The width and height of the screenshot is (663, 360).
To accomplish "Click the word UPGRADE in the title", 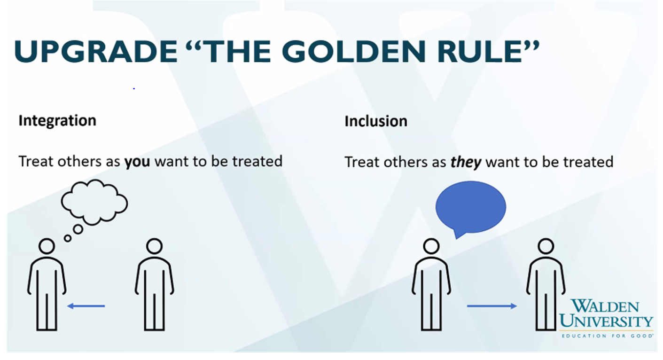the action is coord(95,51).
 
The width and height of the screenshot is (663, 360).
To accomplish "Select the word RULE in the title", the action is coord(479,51).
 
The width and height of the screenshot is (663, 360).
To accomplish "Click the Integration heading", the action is coord(57,121).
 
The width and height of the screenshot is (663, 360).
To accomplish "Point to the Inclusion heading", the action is coord(376,121).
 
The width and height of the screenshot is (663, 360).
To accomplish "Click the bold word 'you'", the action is coord(137,162).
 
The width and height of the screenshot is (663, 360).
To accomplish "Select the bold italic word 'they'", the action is coord(466,163).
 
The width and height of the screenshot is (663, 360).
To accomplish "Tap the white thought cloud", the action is coord(94,202).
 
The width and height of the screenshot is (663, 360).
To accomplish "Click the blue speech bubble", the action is coord(471,207).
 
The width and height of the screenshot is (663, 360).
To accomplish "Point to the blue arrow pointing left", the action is coord(86,306).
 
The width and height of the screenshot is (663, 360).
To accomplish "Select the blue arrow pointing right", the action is coord(492,306).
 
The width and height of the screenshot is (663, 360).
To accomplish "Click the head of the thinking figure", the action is coord(47,246).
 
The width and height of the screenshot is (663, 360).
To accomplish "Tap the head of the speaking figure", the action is coord(431,246).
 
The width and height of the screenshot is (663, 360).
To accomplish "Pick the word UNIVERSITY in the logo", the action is coord(606,321).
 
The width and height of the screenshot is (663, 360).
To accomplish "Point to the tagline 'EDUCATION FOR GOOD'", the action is coord(607,336).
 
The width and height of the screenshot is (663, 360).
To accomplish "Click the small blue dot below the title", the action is coord(134,88).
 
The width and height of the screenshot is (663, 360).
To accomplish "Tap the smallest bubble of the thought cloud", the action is coord(68,238).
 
